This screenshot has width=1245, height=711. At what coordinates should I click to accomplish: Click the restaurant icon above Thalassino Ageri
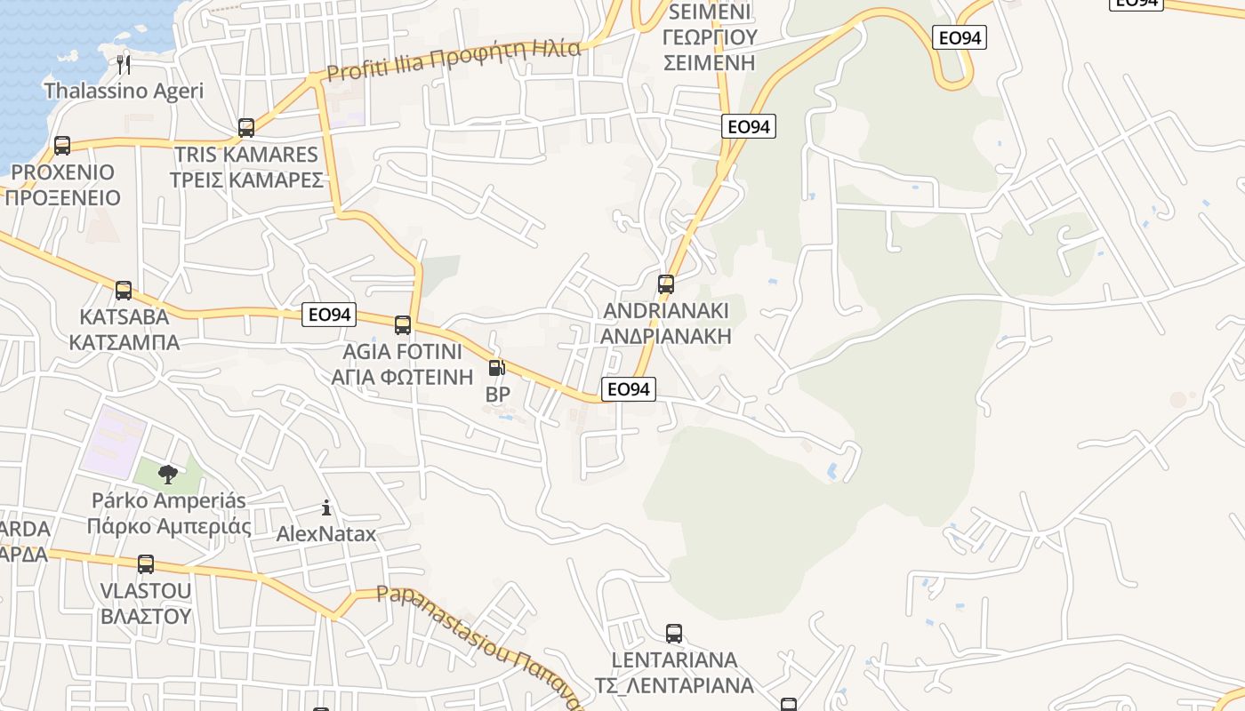tap(124, 64)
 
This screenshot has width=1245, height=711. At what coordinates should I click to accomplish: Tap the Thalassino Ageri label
tap(124, 91)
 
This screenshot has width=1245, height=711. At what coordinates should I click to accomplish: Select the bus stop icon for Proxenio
tap(61, 146)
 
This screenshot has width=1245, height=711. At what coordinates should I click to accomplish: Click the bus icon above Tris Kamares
tap(246, 128)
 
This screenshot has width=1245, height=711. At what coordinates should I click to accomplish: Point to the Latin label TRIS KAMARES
tap(246, 154)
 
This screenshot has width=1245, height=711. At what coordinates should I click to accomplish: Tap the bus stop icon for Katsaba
tap(124, 291)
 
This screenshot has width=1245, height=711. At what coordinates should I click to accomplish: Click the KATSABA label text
tap(124, 317)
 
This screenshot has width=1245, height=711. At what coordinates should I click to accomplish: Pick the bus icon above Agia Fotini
tap(403, 325)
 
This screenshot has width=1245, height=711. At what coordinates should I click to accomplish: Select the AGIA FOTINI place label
tap(403, 351)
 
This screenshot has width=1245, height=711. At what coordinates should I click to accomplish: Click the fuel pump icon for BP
tap(497, 368)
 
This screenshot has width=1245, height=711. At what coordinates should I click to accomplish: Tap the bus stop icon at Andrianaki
tap(666, 284)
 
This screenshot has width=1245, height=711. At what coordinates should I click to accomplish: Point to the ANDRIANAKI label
tap(666, 310)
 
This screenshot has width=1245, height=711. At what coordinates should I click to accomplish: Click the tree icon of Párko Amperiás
tap(168, 475)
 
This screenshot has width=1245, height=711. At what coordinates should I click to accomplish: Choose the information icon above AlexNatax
tap(326, 508)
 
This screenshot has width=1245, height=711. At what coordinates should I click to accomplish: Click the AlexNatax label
tap(326, 534)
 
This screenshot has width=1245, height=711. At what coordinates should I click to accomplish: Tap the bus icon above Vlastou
tap(146, 564)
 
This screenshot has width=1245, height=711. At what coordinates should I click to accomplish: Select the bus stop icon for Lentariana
tap(674, 634)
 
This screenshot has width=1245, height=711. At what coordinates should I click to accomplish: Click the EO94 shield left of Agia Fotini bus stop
tap(328, 315)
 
